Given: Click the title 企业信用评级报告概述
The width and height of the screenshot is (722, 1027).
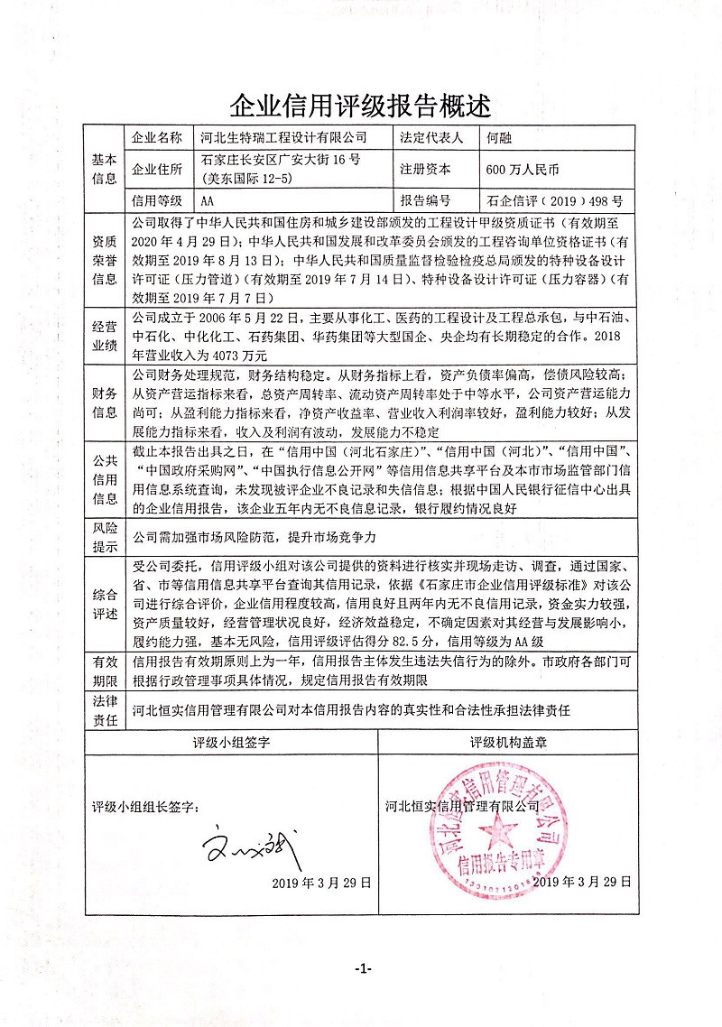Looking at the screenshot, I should (360, 106).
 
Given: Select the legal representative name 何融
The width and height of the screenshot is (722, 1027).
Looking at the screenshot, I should (499, 138).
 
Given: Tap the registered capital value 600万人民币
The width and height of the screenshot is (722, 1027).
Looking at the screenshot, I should (523, 169).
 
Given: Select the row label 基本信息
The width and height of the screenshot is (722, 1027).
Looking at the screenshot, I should (105, 169).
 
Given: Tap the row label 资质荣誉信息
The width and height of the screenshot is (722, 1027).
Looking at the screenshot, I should (105, 258).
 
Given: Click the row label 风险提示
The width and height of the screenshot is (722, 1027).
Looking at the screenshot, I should (105, 537).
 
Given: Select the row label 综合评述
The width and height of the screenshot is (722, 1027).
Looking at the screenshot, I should (105, 604).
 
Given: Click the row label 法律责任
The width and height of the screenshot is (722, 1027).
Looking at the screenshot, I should (105, 709).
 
